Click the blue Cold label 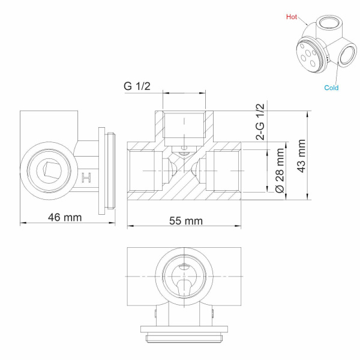click(331, 88)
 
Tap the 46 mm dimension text click(65, 217)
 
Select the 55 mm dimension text click(185, 221)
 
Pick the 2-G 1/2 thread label click(262, 122)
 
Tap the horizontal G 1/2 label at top click(137, 86)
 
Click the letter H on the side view click(86, 178)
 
